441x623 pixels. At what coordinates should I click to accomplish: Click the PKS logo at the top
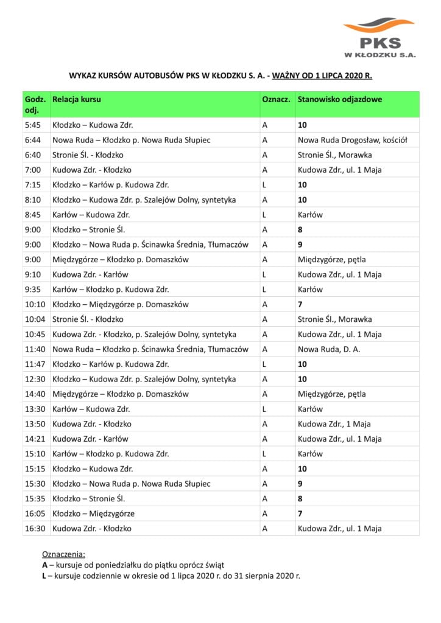point(379,38)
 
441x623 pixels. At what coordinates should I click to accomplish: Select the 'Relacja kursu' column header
point(77,99)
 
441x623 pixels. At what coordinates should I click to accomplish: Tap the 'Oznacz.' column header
point(275,99)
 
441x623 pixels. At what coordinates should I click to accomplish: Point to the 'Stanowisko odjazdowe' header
point(340,99)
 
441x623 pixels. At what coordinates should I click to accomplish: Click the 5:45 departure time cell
point(32,125)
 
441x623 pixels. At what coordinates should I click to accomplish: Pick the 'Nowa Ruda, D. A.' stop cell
point(330,349)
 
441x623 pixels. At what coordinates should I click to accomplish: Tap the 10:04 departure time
point(35,319)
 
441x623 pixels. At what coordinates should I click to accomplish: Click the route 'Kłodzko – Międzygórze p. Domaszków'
point(121,304)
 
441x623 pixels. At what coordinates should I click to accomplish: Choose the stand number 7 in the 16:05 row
point(300,513)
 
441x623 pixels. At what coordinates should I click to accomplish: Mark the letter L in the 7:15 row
point(264,185)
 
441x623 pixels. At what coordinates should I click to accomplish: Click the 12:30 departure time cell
point(35,379)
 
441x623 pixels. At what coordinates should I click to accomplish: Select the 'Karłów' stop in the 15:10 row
point(310,454)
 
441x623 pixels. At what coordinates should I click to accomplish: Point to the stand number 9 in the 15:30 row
point(300,484)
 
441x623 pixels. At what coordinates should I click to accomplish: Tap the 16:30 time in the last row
point(35,529)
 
